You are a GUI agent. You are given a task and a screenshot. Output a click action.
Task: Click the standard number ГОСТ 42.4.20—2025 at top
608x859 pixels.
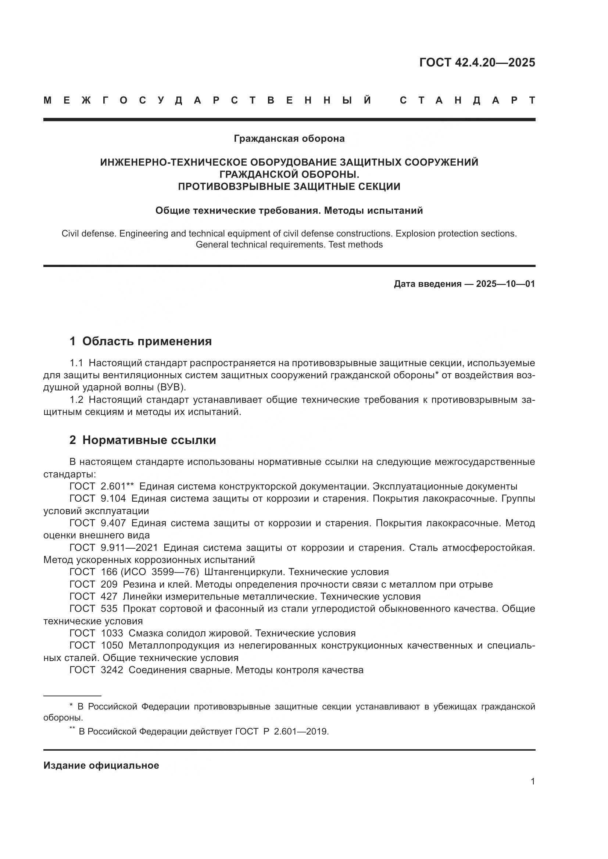(x=477, y=62)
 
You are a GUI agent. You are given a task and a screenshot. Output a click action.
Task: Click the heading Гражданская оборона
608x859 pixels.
(x=289, y=138)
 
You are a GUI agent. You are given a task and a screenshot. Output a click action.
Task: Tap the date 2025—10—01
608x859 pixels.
(x=505, y=284)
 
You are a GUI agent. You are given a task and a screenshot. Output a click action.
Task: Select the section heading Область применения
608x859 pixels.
(x=147, y=341)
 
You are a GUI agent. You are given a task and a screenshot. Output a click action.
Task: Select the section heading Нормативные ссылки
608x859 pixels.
(x=149, y=440)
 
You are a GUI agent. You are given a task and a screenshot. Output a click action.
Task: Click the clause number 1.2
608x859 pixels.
(x=76, y=400)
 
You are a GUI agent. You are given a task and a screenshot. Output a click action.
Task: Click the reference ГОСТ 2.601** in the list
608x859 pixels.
(x=101, y=486)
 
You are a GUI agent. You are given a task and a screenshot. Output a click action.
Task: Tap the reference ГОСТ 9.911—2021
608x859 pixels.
(x=114, y=547)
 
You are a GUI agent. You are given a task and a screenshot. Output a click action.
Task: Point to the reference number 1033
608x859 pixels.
(x=112, y=633)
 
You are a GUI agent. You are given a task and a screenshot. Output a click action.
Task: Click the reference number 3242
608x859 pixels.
(x=112, y=670)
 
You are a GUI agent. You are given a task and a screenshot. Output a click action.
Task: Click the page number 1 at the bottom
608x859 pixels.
(x=532, y=782)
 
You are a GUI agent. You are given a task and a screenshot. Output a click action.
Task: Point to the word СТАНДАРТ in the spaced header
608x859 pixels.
(x=467, y=100)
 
